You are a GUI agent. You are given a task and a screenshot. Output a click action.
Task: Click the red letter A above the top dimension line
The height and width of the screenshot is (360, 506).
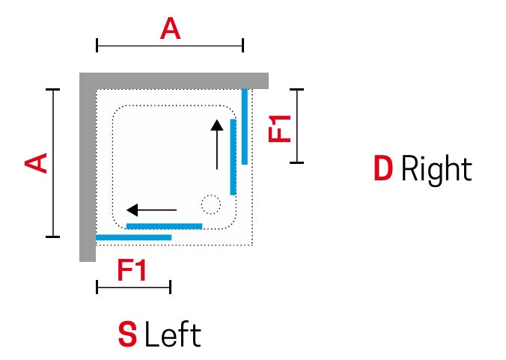[170, 28]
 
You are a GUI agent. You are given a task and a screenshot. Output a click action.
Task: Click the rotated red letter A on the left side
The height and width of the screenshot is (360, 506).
[36, 163]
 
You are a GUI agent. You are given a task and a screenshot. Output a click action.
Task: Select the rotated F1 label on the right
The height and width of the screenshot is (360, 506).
[280, 129]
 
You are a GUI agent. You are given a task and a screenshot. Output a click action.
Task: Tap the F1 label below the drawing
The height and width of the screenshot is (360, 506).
[132, 270]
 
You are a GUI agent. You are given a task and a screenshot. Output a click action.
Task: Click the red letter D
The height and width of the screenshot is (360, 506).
[383, 168]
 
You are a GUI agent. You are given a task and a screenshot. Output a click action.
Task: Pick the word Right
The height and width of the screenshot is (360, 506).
[436, 171]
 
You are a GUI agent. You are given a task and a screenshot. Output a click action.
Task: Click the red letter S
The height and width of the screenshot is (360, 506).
[127, 335]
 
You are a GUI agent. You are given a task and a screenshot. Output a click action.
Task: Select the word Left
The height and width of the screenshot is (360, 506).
[173, 335]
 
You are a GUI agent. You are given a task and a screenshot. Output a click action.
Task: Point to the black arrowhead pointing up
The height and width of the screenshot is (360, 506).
[217, 125]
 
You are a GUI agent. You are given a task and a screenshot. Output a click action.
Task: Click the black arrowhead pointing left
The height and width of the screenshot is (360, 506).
[132, 210]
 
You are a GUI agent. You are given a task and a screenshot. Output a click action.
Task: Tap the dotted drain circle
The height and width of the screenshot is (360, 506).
[211, 204]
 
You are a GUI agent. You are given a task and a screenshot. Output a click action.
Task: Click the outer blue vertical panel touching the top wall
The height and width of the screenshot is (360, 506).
[245, 126]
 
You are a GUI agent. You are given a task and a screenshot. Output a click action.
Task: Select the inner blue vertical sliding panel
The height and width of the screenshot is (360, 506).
[233, 157]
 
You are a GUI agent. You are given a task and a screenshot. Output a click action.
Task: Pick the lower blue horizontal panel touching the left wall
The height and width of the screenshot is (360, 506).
[133, 237]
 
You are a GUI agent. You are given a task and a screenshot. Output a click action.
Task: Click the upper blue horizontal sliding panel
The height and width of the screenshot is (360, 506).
[164, 226]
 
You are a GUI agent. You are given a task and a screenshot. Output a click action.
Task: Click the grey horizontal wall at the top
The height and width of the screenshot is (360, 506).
[174, 81]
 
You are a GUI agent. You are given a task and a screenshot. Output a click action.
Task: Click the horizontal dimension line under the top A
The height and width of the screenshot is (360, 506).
[170, 46]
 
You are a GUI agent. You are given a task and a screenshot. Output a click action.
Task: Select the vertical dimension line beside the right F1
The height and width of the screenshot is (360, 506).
[297, 126]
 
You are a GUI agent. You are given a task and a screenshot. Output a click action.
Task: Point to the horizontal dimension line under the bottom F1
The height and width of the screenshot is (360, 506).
[134, 287]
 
